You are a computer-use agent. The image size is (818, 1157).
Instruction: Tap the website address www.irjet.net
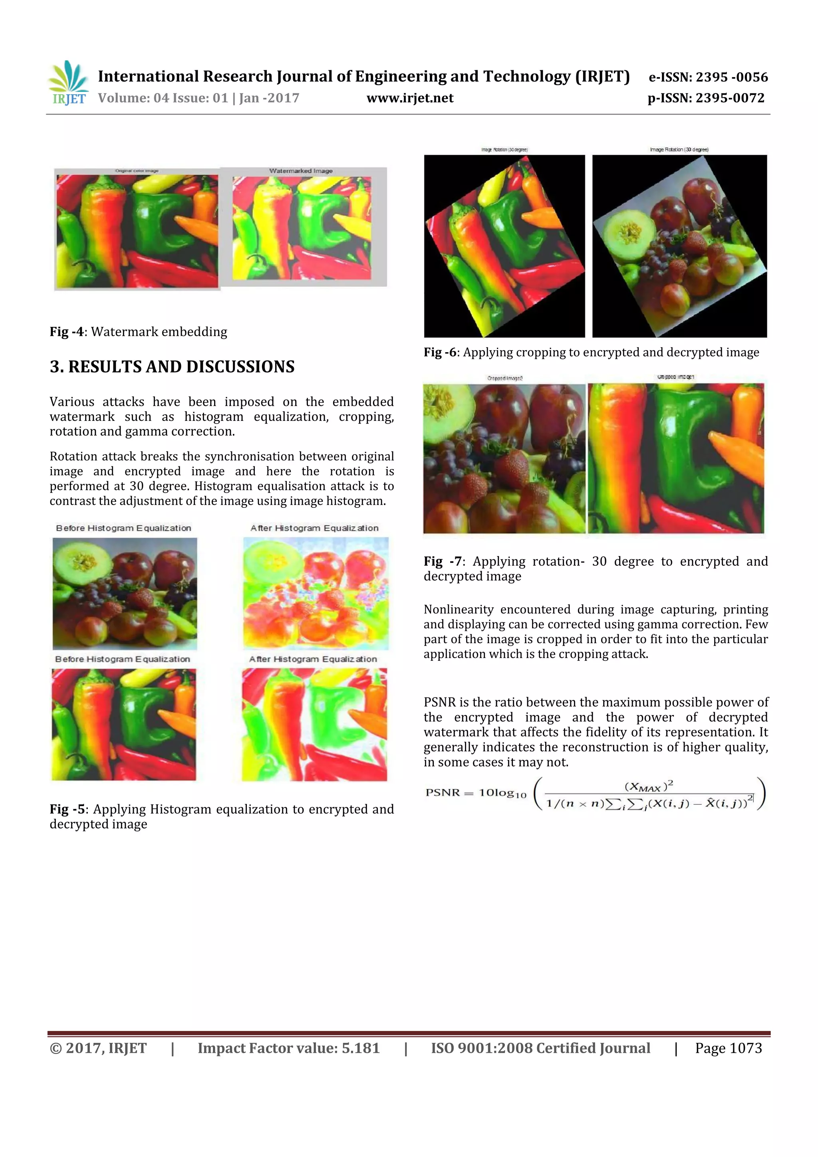(x=410, y=98)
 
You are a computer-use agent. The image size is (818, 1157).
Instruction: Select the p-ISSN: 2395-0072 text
(x=706, y=98)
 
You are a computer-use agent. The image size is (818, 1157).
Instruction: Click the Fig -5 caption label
(x=67, y=809)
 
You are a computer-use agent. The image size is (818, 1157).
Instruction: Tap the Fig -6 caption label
(x=440, y=352)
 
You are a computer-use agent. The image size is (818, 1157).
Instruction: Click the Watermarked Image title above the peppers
(x=301, y=171)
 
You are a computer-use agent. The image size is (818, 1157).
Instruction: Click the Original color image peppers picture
(x=137, y=231)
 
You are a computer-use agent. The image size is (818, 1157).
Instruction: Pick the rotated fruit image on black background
(x=679, y=246)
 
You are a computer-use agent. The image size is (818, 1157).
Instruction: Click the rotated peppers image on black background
(x=504, y=246)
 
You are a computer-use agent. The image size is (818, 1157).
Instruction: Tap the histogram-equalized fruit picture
(x=316, y=593)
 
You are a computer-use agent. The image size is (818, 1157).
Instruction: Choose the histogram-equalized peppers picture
(x=314, y=725)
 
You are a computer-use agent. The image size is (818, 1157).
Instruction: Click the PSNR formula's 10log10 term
(x=502, y=793)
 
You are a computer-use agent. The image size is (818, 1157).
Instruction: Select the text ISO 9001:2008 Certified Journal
(x=540, y=1048)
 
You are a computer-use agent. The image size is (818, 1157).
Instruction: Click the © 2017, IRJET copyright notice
(x=98, y=1048)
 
